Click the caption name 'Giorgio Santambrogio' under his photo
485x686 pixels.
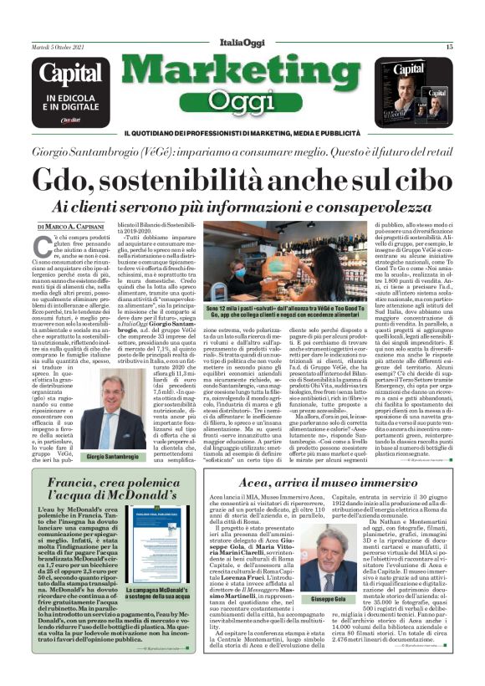click(106, 459)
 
